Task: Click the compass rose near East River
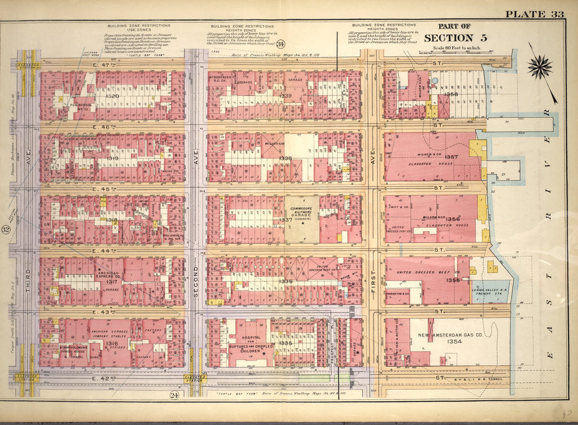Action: (x=540, y=67)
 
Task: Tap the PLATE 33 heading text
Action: (x=533, y=15)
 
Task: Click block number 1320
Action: (x=112, y=96)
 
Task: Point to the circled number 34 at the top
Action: (x=281, y=44)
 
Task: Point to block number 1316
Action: (x=112, y=343)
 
